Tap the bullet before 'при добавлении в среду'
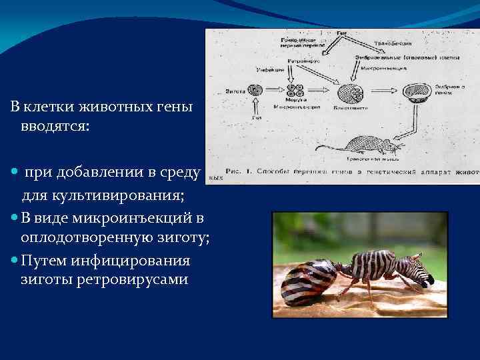[x=15, y=173]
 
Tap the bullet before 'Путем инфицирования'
[x=15, y=261]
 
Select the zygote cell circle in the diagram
[x=254, y=90]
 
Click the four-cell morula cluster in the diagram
[x=296, y=91]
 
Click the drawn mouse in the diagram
[x=363, y=145]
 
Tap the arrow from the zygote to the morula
[x=275, y=91]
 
